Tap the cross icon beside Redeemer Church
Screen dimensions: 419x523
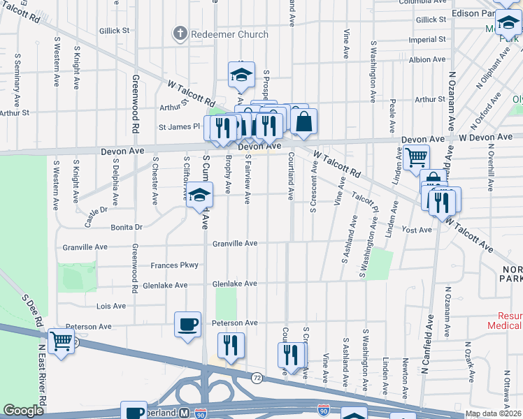(x=180, y=34)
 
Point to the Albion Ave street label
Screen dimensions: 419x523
(x=427, y=60)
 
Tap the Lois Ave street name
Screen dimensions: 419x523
(x=110, y=306)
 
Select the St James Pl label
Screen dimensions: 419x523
(x=179, y=127)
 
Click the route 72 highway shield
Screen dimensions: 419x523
(x=257, y=378)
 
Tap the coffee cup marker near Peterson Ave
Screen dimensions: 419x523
(x=187, y=325)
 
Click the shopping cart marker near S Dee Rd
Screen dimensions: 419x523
(x=62, y=342)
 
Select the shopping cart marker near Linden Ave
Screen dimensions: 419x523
(x=417, y=158)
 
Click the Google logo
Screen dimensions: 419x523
(x=23, y=411)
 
